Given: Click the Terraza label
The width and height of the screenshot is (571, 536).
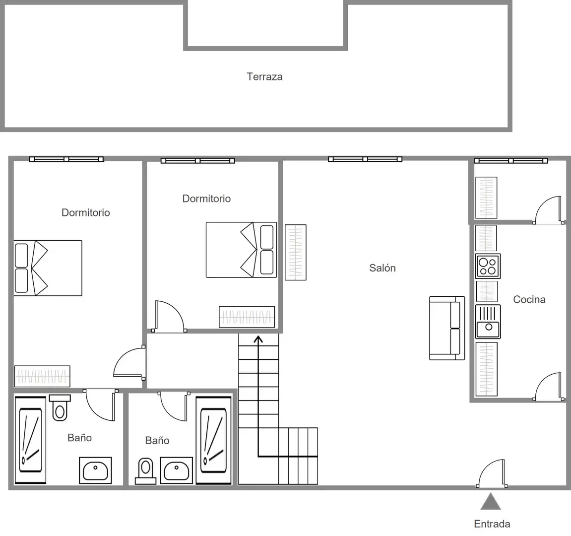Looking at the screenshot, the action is click(264, 76).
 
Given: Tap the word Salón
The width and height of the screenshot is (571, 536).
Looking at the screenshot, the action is click(382, 268).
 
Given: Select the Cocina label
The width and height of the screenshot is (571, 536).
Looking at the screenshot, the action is click(529, 300).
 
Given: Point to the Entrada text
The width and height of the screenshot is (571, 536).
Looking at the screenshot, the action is click(492, 524).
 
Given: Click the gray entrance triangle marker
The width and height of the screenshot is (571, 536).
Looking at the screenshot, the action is click(491, 502).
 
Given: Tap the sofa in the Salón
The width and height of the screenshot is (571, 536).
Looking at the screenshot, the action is click(447, 329).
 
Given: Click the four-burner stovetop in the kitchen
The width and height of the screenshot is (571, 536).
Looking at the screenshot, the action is click(488, 267).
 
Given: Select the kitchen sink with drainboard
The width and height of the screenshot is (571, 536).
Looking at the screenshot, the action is click(488, 322).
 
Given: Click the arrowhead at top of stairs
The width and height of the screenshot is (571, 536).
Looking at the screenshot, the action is click(258, 339).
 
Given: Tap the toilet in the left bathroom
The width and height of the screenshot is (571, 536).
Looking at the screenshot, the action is click(60, 408).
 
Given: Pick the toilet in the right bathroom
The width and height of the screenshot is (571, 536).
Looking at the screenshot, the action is click(146, 471).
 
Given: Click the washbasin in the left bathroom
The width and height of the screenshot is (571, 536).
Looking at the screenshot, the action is click(95, 470).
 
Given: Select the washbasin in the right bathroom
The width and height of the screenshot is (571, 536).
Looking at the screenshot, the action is click(176, 470).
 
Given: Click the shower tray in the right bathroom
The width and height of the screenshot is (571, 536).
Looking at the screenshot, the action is click(213, 441).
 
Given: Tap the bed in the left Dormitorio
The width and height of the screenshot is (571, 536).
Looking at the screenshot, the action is click(48, 268).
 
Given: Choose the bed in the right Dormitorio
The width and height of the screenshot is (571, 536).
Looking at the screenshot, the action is click(242, 250).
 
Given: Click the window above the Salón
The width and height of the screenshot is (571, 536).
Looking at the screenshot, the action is click(365, 159).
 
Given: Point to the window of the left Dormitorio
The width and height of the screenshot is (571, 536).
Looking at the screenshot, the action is click(66, 159).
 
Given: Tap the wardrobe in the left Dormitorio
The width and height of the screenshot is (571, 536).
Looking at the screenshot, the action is click(42, 376).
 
